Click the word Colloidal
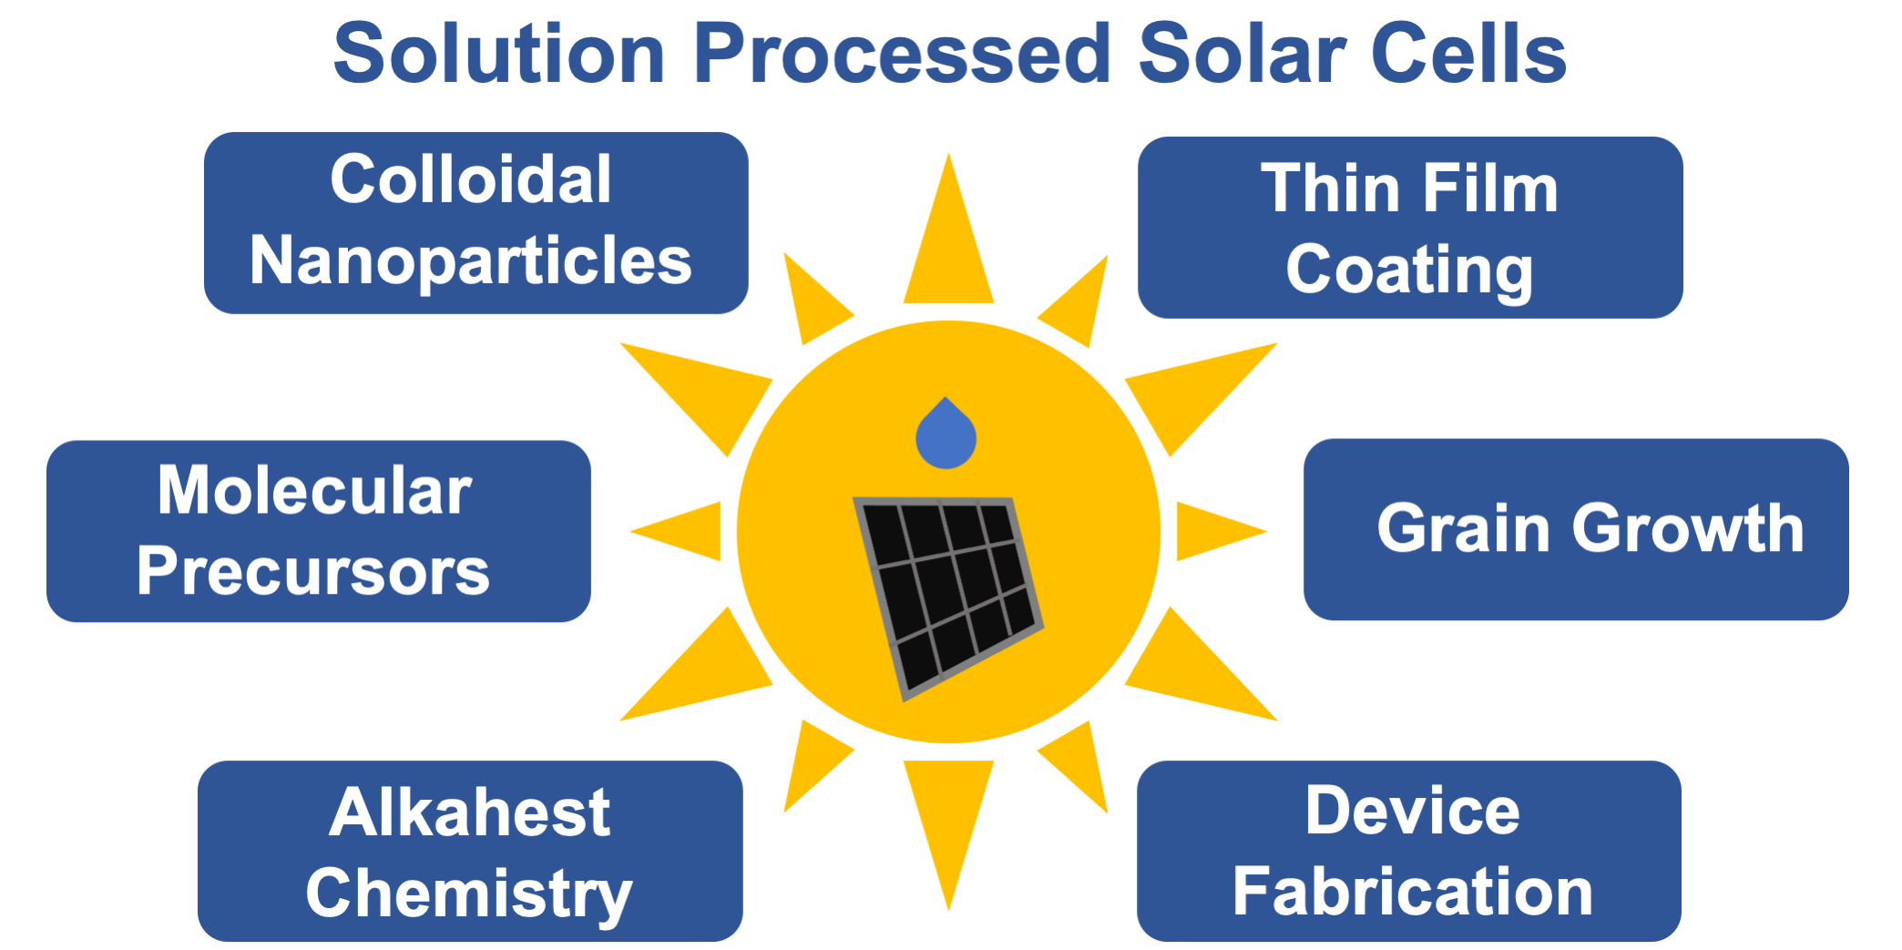pyautogui.click(x=470, y=179)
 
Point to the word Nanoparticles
pyautogui.click(x=470, y=261)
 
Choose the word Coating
pyautogui.click(x=1409, y=271)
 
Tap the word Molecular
pyautogui.click(x=314, y=491)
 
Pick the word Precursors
pyautogui.click(x=313, y=572)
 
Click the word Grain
pyautogui.click(x=1463, y=528)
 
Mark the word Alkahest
pyautogui.click(x=469, y=812)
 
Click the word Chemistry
pyautogui.click(x=469, y=894)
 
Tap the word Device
pyautogui.click(x=1412, y=811)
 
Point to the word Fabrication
pyautogui.click(x=1412, y=893)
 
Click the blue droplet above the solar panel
pyautogui.click(x=946, y=436)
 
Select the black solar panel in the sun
pyautogui.click(x=947, y=592)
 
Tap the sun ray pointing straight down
pyautogui.click(x=948, y=815)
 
